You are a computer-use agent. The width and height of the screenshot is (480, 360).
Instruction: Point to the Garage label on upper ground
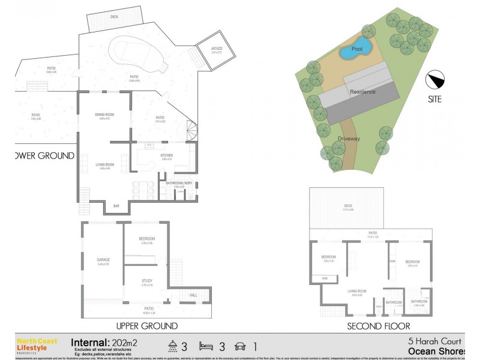point(103,260)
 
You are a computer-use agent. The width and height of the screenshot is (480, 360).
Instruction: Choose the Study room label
point(146,280)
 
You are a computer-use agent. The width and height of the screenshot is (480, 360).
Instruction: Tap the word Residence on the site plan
point(363,92)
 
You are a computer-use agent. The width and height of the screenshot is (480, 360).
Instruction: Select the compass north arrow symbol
point(436,79)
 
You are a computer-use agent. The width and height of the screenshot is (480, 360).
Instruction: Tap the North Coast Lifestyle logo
point(37,344)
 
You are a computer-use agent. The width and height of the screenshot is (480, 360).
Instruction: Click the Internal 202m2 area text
point(104,341)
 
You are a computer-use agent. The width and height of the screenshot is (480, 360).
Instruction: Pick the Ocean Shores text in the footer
point(437,351)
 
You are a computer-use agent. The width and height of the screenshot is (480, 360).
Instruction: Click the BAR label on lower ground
point(116,206)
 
